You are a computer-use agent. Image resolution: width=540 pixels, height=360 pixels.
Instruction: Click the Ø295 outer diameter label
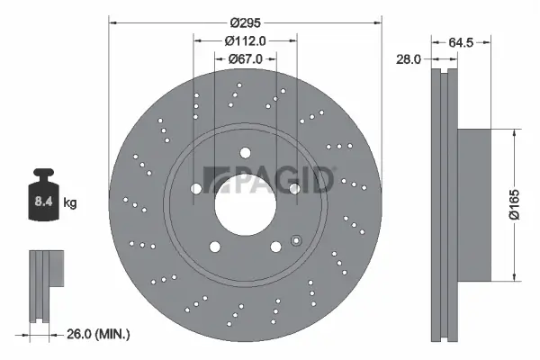[245, 21]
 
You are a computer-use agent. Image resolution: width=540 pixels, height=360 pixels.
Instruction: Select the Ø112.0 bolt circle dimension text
[245, 40]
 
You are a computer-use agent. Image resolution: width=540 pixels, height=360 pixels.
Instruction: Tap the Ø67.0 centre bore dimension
[245, 60]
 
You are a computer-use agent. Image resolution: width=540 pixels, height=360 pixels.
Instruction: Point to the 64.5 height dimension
[461, 40]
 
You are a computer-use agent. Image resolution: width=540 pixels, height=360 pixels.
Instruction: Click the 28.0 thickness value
[409, 59]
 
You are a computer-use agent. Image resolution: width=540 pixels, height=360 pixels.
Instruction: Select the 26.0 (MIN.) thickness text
[99, 334]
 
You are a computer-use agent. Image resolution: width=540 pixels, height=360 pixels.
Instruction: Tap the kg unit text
[70, 203]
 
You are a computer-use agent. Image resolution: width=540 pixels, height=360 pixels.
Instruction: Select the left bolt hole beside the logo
[196, 188]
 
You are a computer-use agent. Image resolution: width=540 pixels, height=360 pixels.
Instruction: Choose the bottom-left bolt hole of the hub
[214, 246]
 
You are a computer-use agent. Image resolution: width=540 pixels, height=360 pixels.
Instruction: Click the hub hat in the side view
[474, 203]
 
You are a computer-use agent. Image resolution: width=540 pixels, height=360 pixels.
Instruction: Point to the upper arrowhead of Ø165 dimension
[514, 132]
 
